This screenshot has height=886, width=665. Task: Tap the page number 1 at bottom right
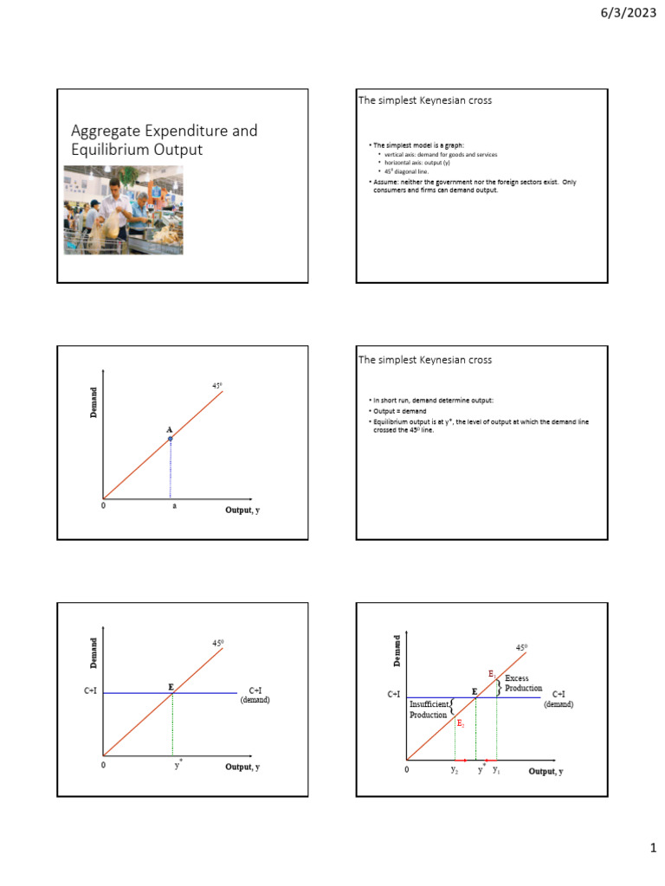coord(653,849)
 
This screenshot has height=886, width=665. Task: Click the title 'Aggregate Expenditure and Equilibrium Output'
coord(164,139)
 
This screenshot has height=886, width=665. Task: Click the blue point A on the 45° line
coord(171,439)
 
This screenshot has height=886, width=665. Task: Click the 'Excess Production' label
coord(523,683)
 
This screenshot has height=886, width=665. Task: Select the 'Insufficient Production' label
coord(429,709)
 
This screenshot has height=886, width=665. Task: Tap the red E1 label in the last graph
coord(492,673)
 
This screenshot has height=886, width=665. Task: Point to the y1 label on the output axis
coord(496,769)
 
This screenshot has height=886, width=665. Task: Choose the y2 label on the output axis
coord(455,769)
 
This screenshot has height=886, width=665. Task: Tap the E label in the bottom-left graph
coord(171,686)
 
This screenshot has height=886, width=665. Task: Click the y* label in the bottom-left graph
coord(178,765)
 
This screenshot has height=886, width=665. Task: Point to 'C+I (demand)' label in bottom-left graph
coord(255,695)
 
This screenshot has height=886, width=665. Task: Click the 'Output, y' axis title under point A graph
coord(242,510)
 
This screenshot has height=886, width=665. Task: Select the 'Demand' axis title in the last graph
coord(398,651)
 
